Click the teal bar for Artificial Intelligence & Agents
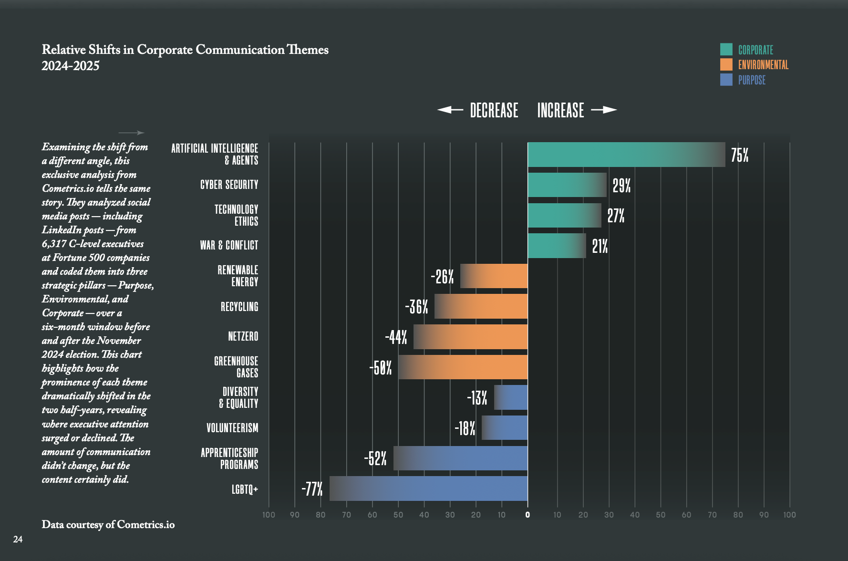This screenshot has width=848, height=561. (x=626, y=155)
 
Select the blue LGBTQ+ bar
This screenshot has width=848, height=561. (x=428, y=488)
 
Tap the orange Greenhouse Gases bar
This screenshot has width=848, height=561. (x=463, y=367)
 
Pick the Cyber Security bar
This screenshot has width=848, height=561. (x=567, y=185)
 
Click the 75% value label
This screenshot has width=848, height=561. (x=740, y=155)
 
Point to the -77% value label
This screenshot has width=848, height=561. (x=312, y=489)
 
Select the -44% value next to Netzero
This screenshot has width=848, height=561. (x=396, y=337)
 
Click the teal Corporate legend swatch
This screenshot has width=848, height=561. (x=726, y=49)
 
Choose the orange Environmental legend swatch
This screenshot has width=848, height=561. (x=726, y=64)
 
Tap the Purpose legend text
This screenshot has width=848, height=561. (x=752, y=80)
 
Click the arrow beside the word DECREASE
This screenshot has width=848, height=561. (x=450, y=110)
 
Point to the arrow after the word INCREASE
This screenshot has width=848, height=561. (x=604, y=110)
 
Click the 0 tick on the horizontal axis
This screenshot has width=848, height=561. (x=527, y=515)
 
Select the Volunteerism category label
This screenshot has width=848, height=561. (x=232, y=428)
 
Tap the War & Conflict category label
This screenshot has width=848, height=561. (x=229, y=245)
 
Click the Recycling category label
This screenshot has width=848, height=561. (x=239, y=307)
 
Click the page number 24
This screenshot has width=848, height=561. (x=18, y=540)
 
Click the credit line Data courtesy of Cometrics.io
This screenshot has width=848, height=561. (x=108, y=525)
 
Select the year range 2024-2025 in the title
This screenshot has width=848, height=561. (x=71, y=66)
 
